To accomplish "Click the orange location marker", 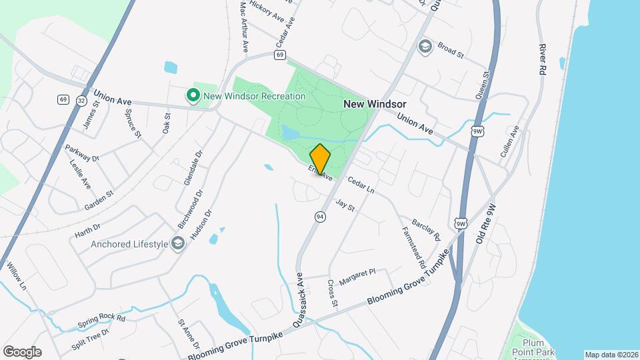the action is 320,159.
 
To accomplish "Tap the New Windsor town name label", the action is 375,104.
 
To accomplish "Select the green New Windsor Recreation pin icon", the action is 193,96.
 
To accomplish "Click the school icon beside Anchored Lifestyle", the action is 178,243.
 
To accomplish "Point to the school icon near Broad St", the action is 425,47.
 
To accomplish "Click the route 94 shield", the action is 321,217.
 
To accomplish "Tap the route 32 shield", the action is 81,99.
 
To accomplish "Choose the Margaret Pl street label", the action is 357,275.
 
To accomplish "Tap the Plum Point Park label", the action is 541,347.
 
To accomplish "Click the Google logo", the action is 22,351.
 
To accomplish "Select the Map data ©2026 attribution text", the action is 611,355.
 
